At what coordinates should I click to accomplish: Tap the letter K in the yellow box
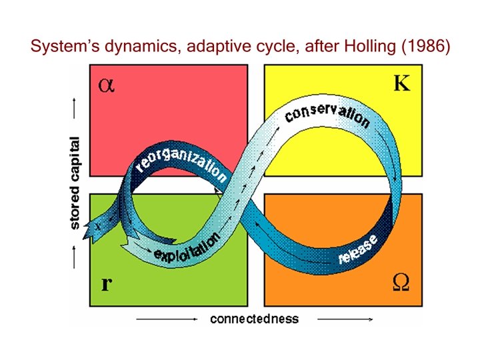[401, 85]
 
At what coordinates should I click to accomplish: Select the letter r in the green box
[105, 285]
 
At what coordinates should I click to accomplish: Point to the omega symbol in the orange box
[401, 283]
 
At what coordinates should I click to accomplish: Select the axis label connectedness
[254, 319]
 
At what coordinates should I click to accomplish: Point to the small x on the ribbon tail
[97, 226]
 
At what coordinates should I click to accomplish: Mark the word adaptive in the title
[213, 47]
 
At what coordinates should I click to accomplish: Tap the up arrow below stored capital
[75, 256]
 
